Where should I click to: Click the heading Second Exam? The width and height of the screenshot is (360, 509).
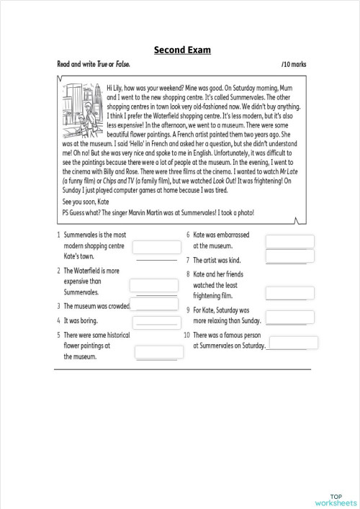(182, 50)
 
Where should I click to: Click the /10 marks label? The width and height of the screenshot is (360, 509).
(294, 64)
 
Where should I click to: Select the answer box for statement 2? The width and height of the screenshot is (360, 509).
(153, 286)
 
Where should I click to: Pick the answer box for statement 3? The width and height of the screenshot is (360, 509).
(156, 305)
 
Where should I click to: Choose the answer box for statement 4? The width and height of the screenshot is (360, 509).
(156, 320)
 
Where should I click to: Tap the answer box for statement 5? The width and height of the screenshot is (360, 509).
(156, 352)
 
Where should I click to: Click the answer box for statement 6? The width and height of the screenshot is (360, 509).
(289, 242)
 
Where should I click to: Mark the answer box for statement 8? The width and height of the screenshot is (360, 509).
(289, 293)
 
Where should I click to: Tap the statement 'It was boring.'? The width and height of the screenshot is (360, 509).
(80, 320)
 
